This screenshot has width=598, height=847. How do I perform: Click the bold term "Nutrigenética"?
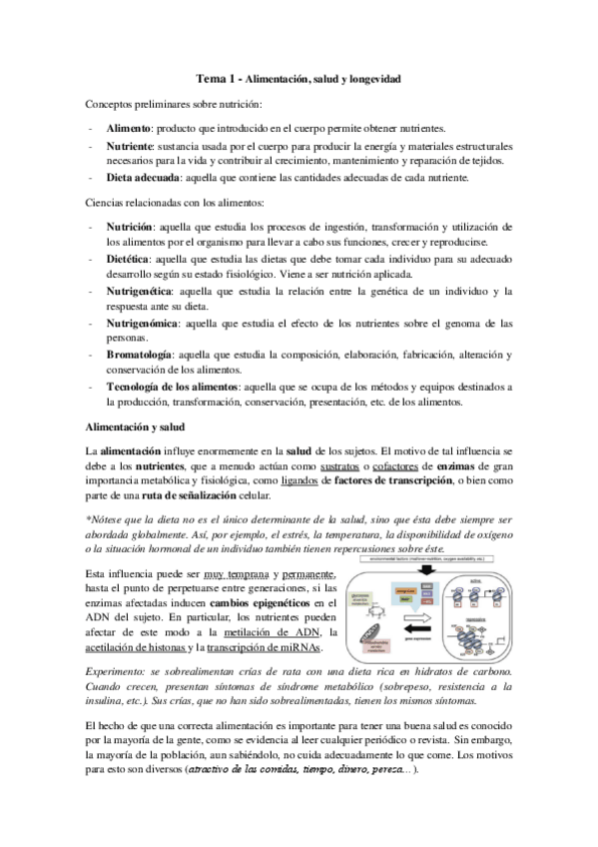point(137,291)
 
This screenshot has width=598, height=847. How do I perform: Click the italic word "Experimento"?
point(117,672)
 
